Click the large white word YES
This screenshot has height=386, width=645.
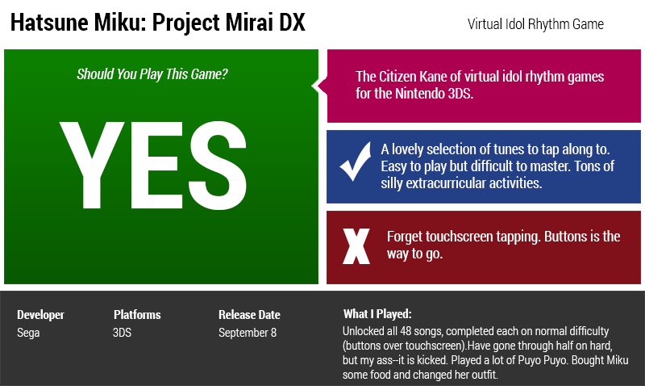pos(153,166)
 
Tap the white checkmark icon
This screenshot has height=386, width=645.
pos(355,162)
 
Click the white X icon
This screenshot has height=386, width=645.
pos(356,246)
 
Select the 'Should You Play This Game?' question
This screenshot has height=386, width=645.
pos(152,74)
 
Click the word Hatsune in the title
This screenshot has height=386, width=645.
pos(49,22)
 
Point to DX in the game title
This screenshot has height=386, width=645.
pos(292,22)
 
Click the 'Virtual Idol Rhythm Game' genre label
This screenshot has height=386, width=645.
pos(535,24)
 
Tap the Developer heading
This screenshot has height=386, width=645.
pos(41,315)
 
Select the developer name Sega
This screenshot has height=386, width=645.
pos(28,333)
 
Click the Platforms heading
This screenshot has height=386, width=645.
pos(137,315)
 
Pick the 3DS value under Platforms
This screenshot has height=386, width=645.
pos(123,333)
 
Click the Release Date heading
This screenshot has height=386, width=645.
pos(249,315)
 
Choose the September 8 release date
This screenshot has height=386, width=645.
pos(248,333)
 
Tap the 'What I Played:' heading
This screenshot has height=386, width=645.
pos(377,314)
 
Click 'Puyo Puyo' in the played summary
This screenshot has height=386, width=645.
pos(537,360)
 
